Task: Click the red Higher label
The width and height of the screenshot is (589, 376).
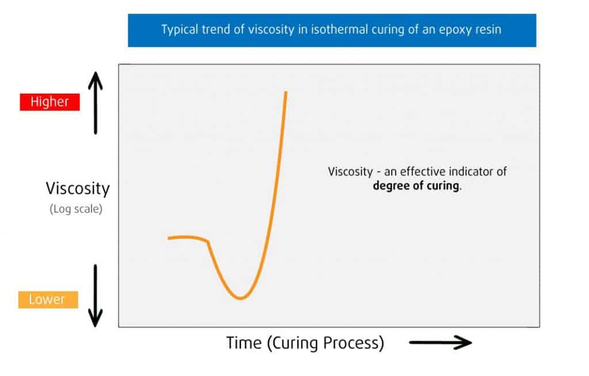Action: pos(49,102)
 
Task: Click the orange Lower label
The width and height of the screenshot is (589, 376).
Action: pos(48,300)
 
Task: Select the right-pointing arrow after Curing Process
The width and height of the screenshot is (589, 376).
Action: pos(440,343)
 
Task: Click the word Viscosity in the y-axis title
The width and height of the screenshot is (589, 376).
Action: pos(78,189)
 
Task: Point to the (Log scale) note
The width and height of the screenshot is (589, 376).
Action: pos(76,209)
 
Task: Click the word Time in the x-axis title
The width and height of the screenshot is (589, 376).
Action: pos(244,343)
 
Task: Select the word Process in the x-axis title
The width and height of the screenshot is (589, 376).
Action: pos(355,343)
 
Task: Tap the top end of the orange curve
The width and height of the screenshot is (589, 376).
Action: pos(286,92)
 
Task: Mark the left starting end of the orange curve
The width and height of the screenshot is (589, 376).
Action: pos(169,238)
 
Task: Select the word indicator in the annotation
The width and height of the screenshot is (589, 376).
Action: pos(475,171)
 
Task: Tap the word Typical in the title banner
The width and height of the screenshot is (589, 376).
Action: pos(179,30)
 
